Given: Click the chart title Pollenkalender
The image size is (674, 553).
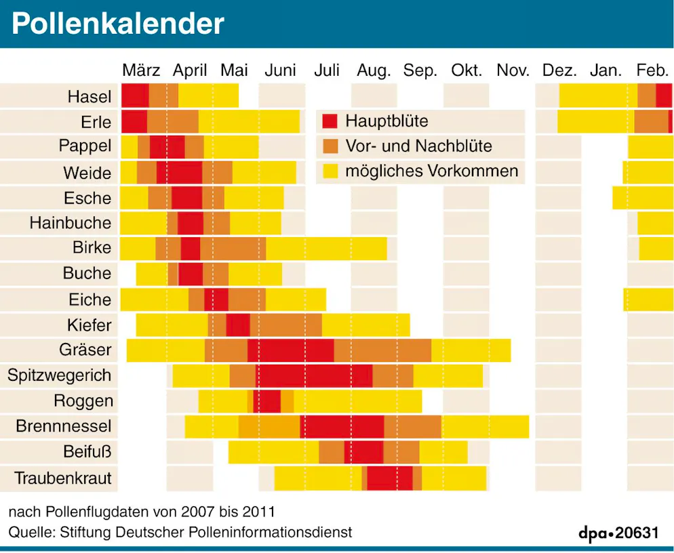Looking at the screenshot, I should coord(117,24).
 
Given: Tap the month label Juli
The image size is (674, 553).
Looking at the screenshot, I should coord(327,70).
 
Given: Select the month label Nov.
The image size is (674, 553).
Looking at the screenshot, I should coord(513,70).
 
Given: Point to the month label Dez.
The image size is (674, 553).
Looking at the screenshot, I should coord(559,70).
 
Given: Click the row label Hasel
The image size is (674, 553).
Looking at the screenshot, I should coord(89,97).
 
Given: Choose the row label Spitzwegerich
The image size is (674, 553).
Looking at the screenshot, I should coord(59,375).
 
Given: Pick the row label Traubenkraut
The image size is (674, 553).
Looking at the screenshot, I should coord(63,478).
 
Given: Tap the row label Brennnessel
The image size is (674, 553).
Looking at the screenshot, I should coord(63,427).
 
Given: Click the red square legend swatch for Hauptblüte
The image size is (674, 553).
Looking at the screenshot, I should coord(330,122).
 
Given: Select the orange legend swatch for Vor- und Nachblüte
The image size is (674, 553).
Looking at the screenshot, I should coord(330,146).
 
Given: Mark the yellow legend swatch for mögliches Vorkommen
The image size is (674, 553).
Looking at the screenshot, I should coord(330,171).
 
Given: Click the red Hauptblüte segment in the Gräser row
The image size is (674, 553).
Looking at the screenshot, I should coord(291,350).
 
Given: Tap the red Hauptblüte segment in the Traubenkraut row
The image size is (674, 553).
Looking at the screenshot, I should coord(390,478).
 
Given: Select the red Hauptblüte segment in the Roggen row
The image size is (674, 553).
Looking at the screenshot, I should coord(266,401).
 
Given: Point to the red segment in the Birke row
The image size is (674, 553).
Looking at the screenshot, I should coord(191,248).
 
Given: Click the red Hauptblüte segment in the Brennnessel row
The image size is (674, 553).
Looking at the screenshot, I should coord(342,427).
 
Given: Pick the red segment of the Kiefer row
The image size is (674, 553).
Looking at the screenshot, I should coord(238,325).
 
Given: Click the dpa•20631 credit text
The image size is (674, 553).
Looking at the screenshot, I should coord(618,533).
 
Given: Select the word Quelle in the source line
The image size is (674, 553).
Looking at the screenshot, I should coord(29,532).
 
